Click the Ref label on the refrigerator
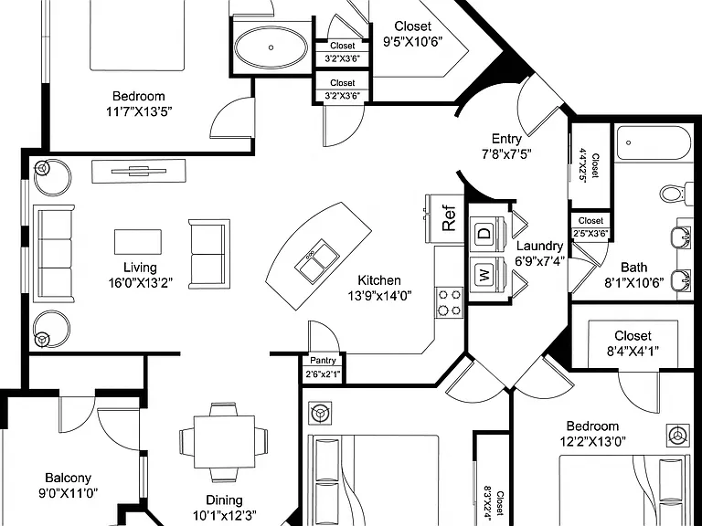click(x=449, y=218)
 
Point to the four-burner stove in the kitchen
click(x=449, y=302)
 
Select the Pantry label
click(x=323, y=361)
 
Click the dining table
click(x=224, y=441)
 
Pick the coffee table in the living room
click(x=138, y=242)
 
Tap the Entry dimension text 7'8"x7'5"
click(x=506, y=154)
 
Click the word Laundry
click(x=540, y=247)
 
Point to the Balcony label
click(x=68, y=479)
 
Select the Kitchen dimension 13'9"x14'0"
click(x=379, y=295)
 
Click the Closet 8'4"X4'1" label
click(x=633, y=343)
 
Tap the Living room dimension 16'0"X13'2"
click(x=140, y=283)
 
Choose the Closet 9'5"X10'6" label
click(x=413, y=34)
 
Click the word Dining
click(x=224, y=500)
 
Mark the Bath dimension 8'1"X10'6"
click(x=634, y=283)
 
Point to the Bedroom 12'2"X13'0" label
click(x=592, y=434)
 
